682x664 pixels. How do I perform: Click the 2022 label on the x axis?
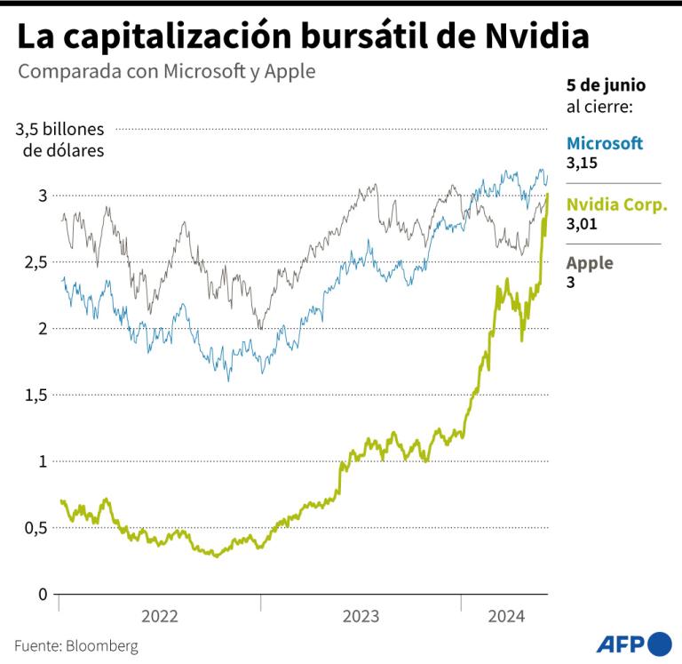[x=160, y=616]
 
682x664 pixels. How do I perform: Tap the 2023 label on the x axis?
[x=361, y=616]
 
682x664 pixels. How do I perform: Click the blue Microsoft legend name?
[x=605, y=143]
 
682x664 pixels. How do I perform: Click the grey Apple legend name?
[x=590, y=263]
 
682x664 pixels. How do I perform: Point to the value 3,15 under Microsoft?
[x=582, y=164]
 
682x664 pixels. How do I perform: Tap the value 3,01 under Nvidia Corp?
[x=582, y=223]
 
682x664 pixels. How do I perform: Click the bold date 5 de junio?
[x=606, y=85]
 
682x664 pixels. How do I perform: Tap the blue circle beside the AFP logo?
[x=661, y=644]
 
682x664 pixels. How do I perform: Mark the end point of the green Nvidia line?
[x=548, y=194]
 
